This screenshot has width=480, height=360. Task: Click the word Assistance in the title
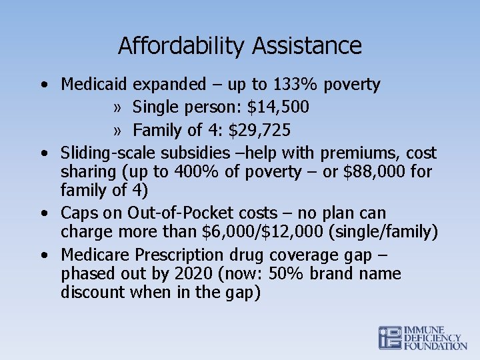point(307,46)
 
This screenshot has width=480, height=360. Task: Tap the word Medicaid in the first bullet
point(94,85)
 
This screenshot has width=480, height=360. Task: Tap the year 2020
point(193,274)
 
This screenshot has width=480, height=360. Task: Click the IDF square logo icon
point(390,338)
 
